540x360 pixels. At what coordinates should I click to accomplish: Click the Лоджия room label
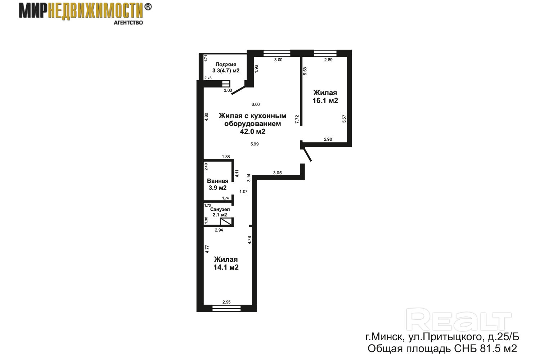tap(226, 65)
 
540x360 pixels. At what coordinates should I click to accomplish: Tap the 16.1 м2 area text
tap(325, 100)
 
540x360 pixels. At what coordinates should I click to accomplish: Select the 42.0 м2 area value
tap(252, 131)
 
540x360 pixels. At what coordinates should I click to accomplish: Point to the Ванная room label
tap(217, 181)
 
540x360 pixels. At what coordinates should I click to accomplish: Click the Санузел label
tap(220, 210)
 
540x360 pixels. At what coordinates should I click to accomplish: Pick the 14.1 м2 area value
tap(226, 267)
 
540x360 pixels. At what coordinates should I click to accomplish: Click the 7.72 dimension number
tap(297, 120)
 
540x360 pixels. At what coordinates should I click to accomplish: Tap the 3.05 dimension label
tap(277, 173)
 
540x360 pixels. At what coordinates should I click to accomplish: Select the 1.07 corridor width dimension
tap(243, 192)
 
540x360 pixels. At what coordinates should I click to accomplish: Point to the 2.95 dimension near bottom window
tap(226, 302)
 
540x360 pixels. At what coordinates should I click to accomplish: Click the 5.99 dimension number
tap(254, 144)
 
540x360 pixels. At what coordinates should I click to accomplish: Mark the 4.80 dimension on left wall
tap(206, 117)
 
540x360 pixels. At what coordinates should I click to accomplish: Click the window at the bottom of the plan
tap(226, 309)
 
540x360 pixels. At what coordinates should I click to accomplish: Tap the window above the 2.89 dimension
tap(325, 53)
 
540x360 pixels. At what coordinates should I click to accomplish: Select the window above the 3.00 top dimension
tap(276, 53)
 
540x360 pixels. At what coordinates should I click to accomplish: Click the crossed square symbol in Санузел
tap(226, 222)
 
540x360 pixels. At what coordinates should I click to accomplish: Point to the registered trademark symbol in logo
tap(148, 7)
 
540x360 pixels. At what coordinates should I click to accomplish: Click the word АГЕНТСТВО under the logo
tap(128, 23)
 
